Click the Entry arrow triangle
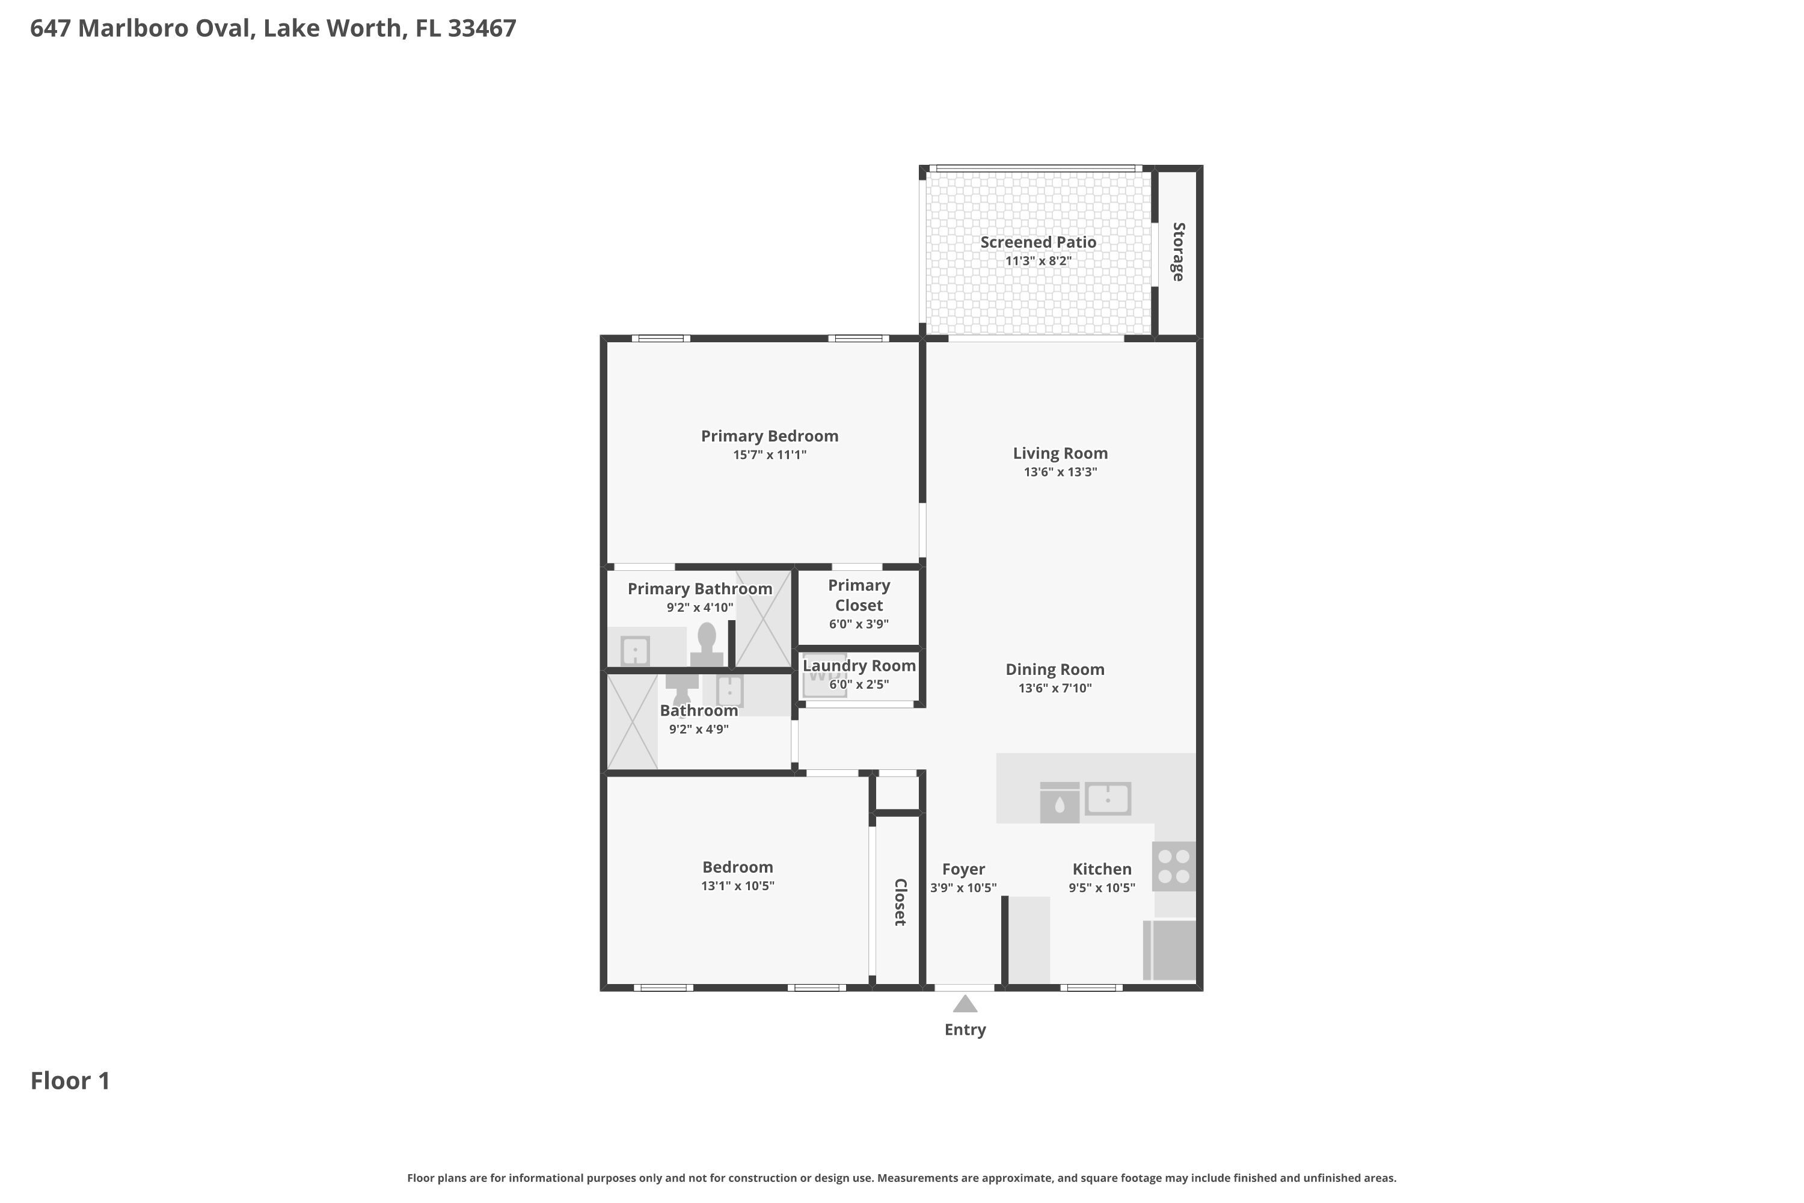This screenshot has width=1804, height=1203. coord(965,1003)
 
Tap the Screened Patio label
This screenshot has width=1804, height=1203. coord(1038,242)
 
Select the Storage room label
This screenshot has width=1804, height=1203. coord(1178,251)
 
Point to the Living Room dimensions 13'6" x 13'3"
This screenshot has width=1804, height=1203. coord(1060,472)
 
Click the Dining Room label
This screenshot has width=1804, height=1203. coord(1055,670)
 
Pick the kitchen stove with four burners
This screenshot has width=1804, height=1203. coord(1174,867)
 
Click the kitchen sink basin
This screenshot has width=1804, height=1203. coord(1108,799)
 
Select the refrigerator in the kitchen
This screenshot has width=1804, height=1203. coord(1169,950)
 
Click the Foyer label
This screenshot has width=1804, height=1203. coord(963,869)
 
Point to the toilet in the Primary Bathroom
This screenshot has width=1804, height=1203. coord(707,644)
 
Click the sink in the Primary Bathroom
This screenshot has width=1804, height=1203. coord(635,651)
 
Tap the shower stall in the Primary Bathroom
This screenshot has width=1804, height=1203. coord(763,618)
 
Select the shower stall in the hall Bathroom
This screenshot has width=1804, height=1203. coord(633,721)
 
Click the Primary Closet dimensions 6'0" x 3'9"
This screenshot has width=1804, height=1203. coord(859,624)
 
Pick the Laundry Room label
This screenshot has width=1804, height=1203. coord(859,666)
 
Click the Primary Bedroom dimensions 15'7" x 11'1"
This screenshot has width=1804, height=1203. coord(769,455)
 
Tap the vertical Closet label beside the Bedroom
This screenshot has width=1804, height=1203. coord(900,902)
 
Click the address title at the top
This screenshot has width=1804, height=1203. coord(273,28)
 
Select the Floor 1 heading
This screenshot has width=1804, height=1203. coord(70,1081)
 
